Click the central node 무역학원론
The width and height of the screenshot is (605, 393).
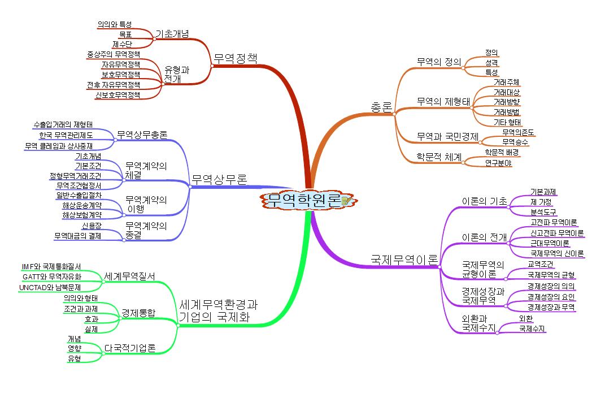304,200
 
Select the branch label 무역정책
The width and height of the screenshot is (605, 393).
235,58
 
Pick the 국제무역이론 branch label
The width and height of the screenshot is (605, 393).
404,260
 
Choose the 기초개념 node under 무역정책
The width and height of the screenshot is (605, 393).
172,33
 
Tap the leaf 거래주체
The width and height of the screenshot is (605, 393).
506,83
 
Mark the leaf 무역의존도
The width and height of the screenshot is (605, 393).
518,132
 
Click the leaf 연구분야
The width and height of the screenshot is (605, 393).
498,163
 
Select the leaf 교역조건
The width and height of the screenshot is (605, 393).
541,264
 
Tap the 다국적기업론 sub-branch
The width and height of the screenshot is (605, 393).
130,348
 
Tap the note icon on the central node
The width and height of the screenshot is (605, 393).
346,201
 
